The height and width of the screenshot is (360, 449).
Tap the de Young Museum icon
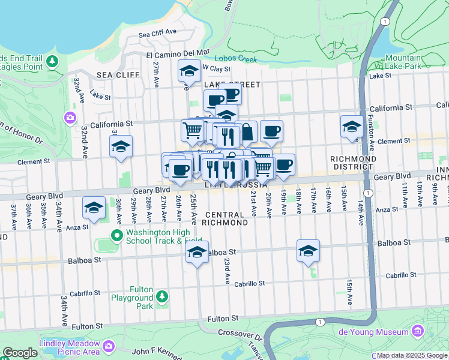point(418,332)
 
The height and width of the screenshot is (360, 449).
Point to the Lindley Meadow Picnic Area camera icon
point(109,346)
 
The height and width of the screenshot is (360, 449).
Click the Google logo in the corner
point(20,353)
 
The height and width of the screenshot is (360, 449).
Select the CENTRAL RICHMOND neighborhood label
point(226,218)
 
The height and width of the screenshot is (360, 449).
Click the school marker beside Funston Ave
point(352,126)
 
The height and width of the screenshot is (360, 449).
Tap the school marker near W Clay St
point(189,71)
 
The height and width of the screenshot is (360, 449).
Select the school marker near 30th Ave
point(121,146)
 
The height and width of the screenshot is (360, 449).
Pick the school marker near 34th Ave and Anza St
point(93,208)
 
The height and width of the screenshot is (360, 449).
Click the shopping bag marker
point(247,131)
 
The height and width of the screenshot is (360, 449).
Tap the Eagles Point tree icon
point(52,61)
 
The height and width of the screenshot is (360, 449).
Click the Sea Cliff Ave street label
point(158,33)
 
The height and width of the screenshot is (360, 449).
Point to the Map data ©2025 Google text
point(411,355)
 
